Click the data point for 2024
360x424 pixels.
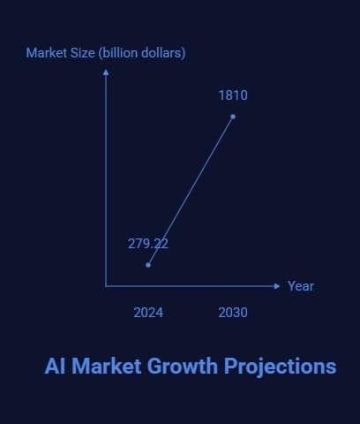[x=148, y=264]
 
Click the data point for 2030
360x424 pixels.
[x=233, y=117]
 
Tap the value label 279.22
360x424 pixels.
[x=148, y=244]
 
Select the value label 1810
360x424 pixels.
[x=233, y=95]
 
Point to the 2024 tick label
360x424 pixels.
[x=148, y=313]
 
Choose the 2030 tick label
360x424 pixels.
[x=233, y=313]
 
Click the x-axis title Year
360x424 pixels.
[x=301, y=286]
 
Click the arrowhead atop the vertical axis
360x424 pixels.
[x=106, y=72]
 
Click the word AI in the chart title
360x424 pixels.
[x=56, y=366]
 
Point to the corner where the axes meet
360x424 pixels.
[x=106, y=286]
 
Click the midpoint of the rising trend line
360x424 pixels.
[x=191, y=191]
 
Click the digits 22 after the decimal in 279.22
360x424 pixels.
[x=161, y=244]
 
